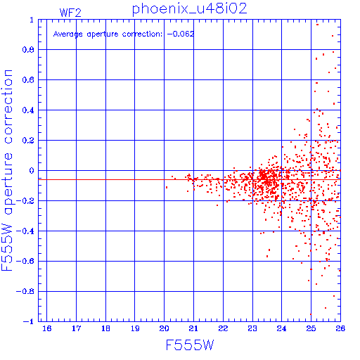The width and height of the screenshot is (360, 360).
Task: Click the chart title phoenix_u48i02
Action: coord(190,9)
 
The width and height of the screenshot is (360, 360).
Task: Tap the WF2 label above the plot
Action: coord(70,13)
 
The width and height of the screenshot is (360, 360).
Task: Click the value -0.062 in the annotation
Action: coord(181,34)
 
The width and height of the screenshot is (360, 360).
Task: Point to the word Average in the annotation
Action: coord(68,34)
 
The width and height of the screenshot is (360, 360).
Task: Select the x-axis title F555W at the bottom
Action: coord(190,345)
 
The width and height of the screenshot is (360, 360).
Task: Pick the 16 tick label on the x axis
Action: coord(47,328)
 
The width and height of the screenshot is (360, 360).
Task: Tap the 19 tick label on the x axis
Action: coord(135,328)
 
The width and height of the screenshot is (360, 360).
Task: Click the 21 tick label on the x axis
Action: coord(193,328)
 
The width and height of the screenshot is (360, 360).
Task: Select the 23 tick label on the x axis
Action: coord(252,328)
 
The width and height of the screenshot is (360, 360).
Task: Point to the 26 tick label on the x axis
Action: coord(340,328)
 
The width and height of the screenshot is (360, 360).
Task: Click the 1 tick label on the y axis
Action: coord(32,20)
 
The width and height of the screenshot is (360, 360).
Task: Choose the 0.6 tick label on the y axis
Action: coord(28,80)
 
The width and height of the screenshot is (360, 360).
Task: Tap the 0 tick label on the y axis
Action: coord(32,170)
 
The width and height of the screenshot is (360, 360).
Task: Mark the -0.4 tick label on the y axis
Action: coord(25,231)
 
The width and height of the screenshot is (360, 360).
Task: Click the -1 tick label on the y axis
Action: coord(29,321)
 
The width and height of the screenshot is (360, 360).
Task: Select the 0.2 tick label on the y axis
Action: coord(28,141)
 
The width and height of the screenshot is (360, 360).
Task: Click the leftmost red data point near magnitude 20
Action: coord(167,187)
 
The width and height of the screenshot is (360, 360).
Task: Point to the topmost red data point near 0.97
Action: coord(317,25)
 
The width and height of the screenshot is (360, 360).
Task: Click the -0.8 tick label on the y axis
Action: coord(25,291)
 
